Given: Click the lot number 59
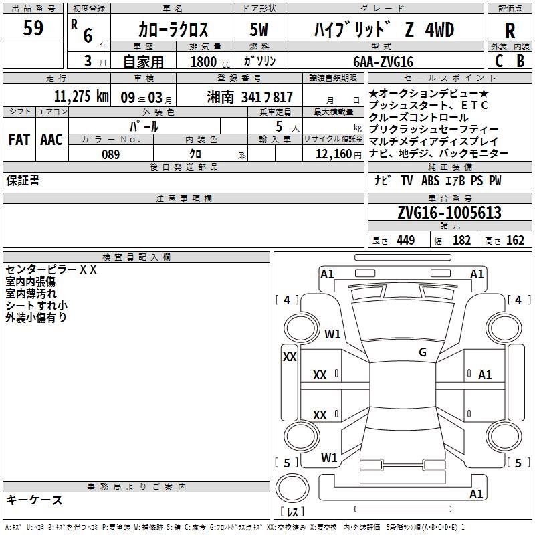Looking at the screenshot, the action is click(33, 27).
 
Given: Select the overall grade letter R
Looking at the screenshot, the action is click(510, 31).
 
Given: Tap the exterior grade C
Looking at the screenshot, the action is click(499, 61).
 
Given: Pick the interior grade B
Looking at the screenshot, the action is click(520, 61).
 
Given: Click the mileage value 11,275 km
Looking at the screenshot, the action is click(81, 96).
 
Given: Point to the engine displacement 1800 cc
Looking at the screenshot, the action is click(210, 62).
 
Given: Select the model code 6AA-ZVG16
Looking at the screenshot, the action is click(383, 62).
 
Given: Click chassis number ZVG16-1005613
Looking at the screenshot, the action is click(449, 212).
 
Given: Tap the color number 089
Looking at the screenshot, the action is click(111, 154).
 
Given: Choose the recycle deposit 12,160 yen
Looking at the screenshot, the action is click(338, 154).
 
